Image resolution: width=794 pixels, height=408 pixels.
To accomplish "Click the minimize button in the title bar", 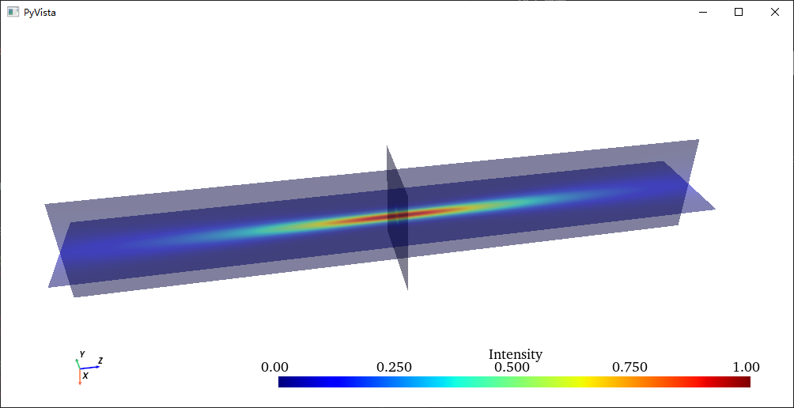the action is pos(703,12).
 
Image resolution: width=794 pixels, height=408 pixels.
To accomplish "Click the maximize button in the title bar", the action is pos(739,12).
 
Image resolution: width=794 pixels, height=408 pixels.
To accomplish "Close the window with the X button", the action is pos(775,12).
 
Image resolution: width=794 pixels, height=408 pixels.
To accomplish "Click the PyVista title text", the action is pos(40,13).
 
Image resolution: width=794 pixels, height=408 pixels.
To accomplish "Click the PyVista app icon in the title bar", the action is pos(13,12).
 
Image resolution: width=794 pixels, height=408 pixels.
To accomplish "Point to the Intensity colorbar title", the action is pos(515,354).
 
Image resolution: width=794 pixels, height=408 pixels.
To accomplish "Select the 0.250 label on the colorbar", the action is pos(394,367).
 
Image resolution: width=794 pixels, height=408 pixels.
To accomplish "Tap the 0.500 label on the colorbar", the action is pos(512,367).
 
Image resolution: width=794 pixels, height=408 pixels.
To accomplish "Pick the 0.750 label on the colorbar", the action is pos(630,367).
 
